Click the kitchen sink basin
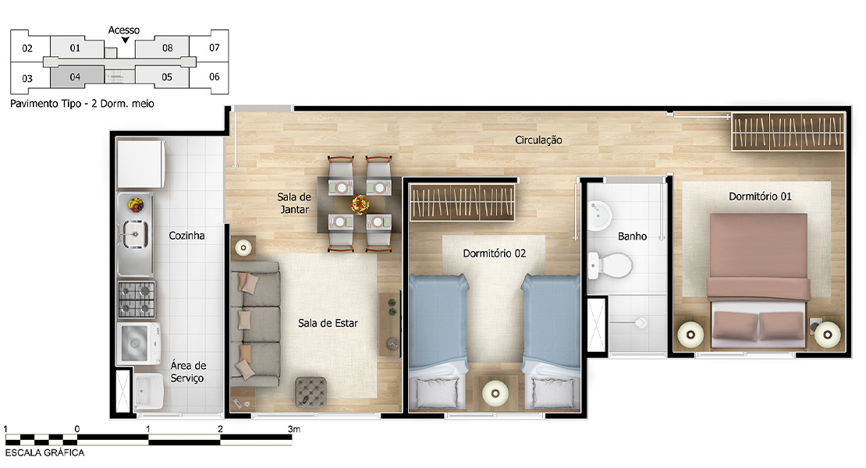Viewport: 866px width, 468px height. pos(134,234)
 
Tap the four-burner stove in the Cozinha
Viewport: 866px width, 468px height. pos(137,299)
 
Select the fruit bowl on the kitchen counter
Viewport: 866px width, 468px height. pos(135,205)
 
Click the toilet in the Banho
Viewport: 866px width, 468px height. pos(609,265)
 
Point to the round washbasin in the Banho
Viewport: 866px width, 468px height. pos(598,216)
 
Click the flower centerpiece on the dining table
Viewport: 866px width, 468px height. pos(360,204)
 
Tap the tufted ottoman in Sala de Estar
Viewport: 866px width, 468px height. pos(311,392)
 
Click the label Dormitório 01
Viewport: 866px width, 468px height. pos(760,197)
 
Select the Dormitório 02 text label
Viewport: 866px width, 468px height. pos(495,253)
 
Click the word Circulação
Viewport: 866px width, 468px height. pos(538,140)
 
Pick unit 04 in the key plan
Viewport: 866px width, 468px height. pos(76,76)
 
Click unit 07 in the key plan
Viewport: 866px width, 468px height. pos(215,48)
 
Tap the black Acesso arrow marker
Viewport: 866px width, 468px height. pos(126,40)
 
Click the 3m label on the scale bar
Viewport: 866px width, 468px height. pos(294,429)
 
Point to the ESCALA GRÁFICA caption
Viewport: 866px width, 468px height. pos(44,452)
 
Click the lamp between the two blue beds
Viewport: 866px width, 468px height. pos(495,393)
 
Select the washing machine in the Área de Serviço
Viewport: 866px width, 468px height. pos(138,343)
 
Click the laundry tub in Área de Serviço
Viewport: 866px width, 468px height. pos(148,391)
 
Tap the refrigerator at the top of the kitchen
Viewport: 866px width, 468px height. pos(140,163)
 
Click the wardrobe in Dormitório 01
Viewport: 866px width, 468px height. pos(788,131)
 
